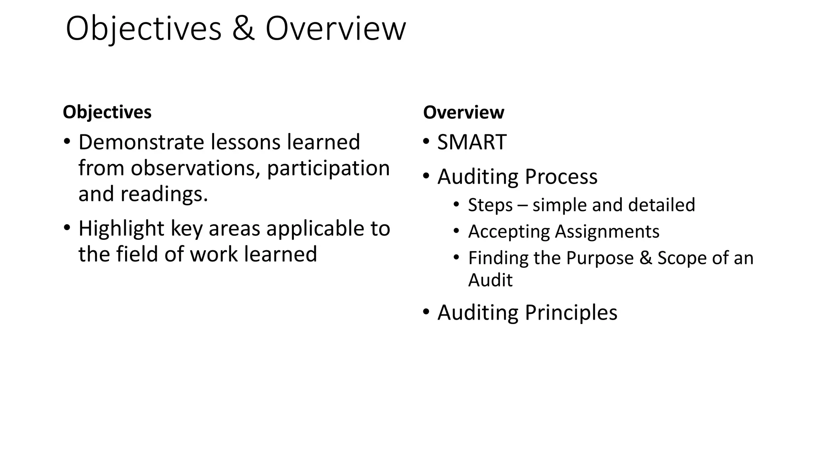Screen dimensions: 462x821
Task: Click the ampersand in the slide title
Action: [x=243, y=29]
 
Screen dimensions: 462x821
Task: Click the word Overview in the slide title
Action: [x=336, y=29]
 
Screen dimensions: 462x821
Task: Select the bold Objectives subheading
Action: [x=107, y=112]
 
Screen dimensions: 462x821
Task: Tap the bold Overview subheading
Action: [x=463, y=112]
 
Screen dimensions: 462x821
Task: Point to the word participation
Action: [x=328, y=168]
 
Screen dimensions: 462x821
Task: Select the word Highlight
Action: [x=121, y=229]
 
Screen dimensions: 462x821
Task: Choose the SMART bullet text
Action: [x=472, y=142]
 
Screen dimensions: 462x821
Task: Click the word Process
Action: [x=561, y=177]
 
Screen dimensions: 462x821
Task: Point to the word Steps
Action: [x=490, y=205]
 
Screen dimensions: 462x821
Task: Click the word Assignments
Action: [x=607, y=231]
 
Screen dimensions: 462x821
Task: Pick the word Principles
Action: [x=571, y=312]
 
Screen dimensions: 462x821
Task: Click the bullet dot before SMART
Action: [x=426, y=142]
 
